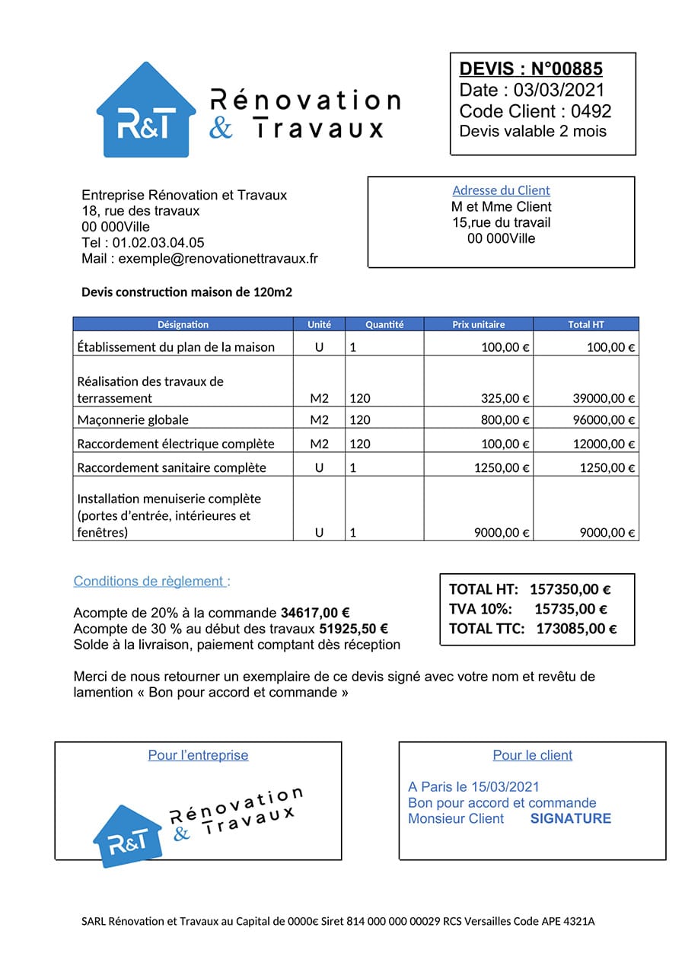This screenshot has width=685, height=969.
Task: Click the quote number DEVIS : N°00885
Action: pyautogui.click(x=530, y=69)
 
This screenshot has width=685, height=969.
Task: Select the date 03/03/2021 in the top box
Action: pyautogui.click(x=559, y=90)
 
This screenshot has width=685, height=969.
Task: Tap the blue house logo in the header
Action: pyautogui.click(x=145, y=114)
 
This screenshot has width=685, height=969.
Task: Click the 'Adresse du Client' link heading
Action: pyautogui.click(x=501, y=190)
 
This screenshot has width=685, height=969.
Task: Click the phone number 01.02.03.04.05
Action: pyautogui.click(x=158, y=243)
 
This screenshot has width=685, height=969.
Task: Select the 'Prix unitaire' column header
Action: pyautogui.click(x=478, y=324)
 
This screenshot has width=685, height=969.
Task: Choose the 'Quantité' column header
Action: pyautogui.click(x=384, y=324)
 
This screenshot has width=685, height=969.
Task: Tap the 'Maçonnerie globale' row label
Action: pyautogui.click(x=133, y=420)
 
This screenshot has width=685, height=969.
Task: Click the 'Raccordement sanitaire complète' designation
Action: pyautogui.click(x=172, y=467)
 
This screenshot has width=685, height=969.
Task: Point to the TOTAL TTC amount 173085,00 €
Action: pyautogui.click(x=576, y=629)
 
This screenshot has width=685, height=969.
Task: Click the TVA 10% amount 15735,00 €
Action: pyautogui.click(x=570, y=609)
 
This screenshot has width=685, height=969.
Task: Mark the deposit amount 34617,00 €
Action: pyautogui.click(x=315, y=613)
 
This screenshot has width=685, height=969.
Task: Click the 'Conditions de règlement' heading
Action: pyautogui.click(x=151, y=582)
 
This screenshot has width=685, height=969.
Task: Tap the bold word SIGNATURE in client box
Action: pyautogui.click(x=570, y=819)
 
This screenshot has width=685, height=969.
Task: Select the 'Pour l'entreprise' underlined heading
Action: pyautogui.click(x=198, y=755)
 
